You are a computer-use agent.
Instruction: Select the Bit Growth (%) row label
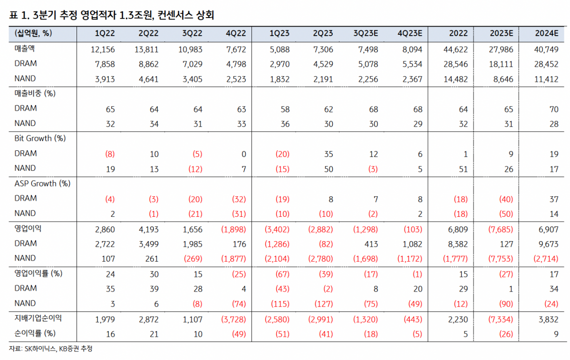click(x=40, y=138)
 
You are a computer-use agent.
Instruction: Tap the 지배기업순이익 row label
click(x=38, y=318)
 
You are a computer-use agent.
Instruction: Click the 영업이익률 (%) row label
click(x=39, y=273)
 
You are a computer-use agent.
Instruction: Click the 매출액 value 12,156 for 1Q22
click(x=102, y=49)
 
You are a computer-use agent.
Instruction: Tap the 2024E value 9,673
click(x=546, y=244)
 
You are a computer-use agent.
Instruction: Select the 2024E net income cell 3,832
click(x=546, y=319)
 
